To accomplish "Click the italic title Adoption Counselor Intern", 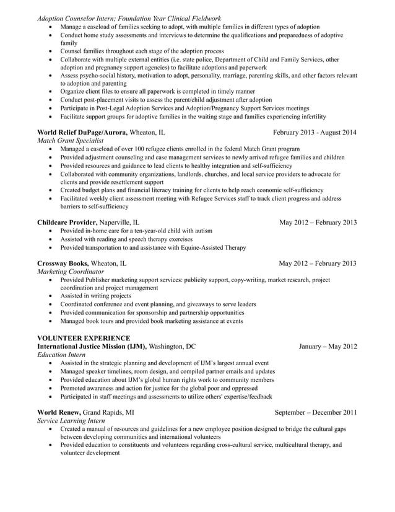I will coord(79,18).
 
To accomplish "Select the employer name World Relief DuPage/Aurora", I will coord(82,132).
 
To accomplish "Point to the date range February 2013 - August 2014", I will coord(315,132).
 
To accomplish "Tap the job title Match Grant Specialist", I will coord(70,141).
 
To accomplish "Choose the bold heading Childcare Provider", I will coord(67,222).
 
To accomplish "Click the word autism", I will coord(202,231).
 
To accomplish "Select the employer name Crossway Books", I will coord(63,263).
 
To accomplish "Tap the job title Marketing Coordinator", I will coord(71,271).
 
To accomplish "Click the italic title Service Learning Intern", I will coord(71,420).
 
